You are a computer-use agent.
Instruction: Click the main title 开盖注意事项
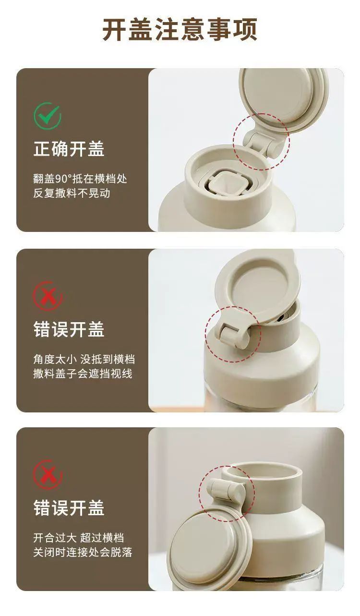(x=180, y=29)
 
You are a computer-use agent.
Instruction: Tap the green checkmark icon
(x=48, y=116)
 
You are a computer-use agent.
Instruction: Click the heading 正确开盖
(x=69, y=149)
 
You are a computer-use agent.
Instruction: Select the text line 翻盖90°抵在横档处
(x=80, y=179)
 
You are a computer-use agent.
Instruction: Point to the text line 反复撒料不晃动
(x=72, y=193)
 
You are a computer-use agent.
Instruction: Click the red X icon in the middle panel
(x=48, y=296)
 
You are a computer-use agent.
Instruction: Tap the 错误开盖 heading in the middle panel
(x=69, y=329)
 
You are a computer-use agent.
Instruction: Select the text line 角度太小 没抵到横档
(x=84, y=359)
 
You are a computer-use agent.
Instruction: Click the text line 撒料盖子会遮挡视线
(x=83, y=374)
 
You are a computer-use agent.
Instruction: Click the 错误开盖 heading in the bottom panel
(x=69, y=508)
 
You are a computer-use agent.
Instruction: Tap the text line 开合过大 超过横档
(x=79, y=538)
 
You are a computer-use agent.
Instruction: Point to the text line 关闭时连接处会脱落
(x=83, y=553)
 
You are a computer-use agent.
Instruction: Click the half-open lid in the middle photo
(x=257, y=286)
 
